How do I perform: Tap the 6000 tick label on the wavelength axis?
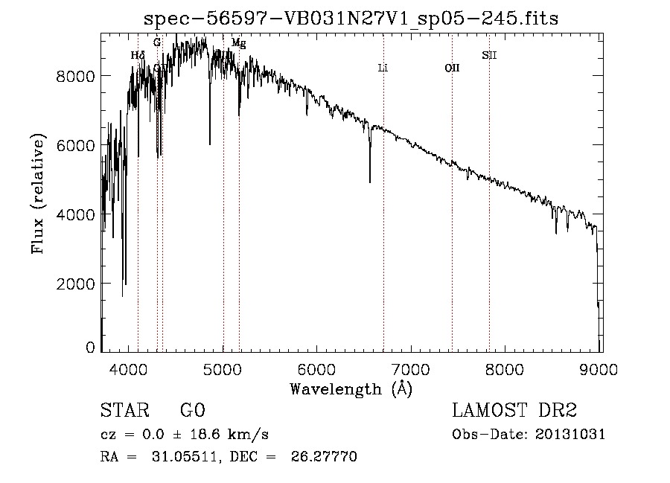(x=317, y=368)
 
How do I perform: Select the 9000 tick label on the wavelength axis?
(x=600, y=368)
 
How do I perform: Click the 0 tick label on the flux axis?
(x=90, y=348)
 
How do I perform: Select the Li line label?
(x=383, y=68)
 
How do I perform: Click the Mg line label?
(x=238, y=43)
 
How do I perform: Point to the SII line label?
(x=488, y=54)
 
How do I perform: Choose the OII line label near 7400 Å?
(x=452, y=68)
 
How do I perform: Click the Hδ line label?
(x=138, y=55)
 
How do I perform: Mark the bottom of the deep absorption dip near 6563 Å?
(x=370, y=181)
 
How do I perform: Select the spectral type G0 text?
(x=192, y=412)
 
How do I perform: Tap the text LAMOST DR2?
(x=514, y=412)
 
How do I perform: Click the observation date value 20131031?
(x=572, y=435)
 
